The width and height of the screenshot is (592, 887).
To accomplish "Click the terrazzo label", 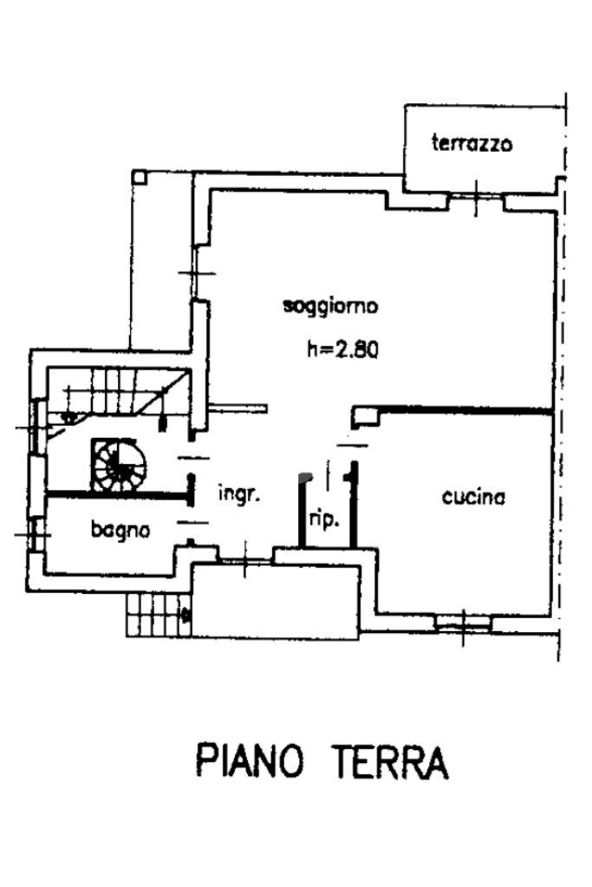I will [472, 143].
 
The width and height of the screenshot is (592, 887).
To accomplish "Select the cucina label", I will [473, 497].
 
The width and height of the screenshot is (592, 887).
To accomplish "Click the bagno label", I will [120, 528].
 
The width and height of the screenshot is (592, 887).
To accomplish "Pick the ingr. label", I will [240, 494].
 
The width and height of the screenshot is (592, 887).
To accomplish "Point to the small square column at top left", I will [140, 176].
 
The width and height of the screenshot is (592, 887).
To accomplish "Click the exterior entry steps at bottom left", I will [157, 615].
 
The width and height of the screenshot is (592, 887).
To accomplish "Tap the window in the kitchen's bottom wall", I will [462, 622].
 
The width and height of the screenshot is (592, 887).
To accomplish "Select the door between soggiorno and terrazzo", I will [477, 199].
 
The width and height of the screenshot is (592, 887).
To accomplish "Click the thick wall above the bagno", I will [117, 495].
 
